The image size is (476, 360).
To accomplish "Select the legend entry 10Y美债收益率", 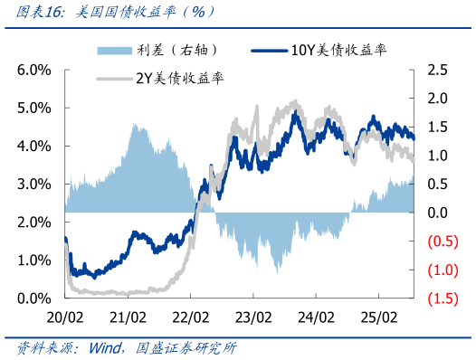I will [338, 50].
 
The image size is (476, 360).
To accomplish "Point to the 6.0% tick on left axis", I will [33, 70].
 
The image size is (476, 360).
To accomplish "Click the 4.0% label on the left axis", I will [33, 146].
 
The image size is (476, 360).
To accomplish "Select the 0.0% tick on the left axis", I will [33, 298].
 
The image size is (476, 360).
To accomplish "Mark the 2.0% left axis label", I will [33, 222].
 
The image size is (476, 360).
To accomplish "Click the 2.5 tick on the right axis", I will [439, 70].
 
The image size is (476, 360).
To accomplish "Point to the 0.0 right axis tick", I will [439, 213].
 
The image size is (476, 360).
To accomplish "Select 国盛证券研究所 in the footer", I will [186, 347].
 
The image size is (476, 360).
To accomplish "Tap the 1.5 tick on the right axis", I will [439, 127].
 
